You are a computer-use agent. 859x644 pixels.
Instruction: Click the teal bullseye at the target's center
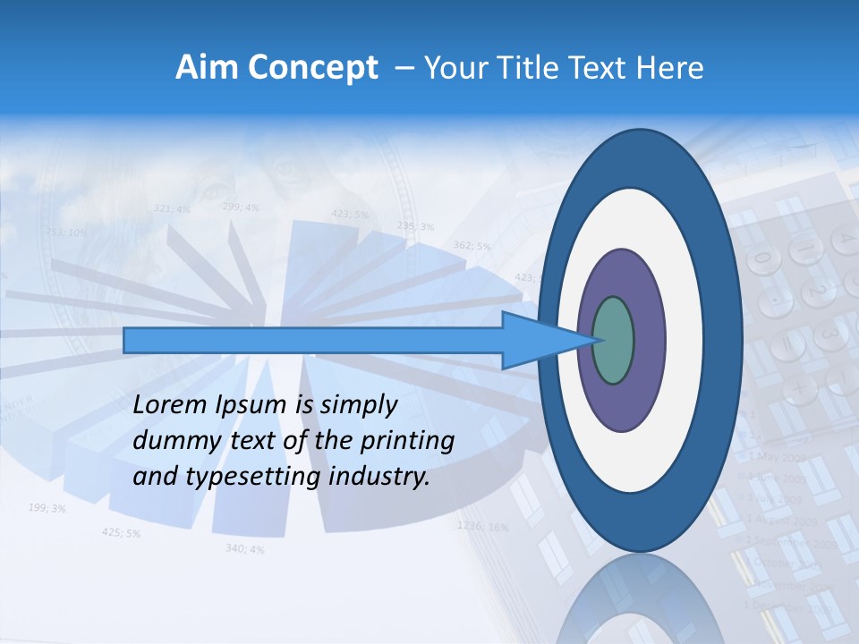613,340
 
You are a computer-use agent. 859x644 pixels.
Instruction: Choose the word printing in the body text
410,441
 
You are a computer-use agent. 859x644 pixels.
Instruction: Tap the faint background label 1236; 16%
483,526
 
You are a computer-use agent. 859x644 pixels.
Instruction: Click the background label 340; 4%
244,548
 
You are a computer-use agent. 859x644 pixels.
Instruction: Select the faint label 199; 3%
47,508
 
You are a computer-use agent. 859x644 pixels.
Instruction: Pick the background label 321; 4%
172,208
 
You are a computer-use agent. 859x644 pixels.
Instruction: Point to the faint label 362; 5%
472,245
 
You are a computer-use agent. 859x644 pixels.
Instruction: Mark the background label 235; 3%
415,226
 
